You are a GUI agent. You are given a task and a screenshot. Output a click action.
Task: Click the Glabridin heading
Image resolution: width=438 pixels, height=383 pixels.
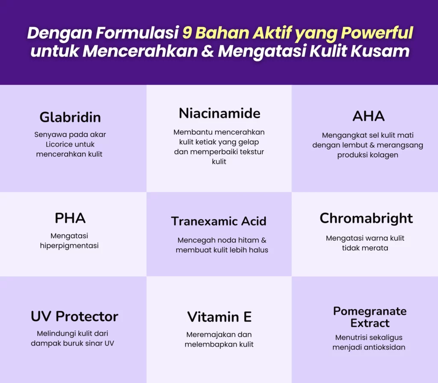70,117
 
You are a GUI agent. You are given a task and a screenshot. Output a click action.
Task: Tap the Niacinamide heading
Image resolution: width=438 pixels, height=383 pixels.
219,113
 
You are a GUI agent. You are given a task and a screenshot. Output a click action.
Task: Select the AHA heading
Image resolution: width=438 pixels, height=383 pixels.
368,116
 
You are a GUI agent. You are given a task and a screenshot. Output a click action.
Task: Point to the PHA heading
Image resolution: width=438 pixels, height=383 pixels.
70,218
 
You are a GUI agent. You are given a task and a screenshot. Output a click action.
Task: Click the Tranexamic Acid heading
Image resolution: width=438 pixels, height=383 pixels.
219,221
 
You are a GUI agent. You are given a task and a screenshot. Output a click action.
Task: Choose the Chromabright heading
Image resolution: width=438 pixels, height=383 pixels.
366,218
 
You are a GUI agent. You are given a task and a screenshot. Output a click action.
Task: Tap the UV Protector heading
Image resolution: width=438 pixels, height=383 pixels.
74,317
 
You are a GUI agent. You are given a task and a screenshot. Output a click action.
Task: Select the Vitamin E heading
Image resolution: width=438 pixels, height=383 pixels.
219,317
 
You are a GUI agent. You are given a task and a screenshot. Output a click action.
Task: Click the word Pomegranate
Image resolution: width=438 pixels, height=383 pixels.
370,311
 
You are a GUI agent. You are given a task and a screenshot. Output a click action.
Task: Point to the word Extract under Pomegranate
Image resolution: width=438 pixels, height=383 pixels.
370,323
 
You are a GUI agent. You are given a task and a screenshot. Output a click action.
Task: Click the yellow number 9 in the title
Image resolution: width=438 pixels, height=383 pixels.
187,33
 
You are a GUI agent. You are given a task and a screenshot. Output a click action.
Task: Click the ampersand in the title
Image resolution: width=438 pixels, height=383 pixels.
207,51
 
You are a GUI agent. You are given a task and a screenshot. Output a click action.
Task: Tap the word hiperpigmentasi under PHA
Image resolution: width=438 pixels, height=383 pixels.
69,245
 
